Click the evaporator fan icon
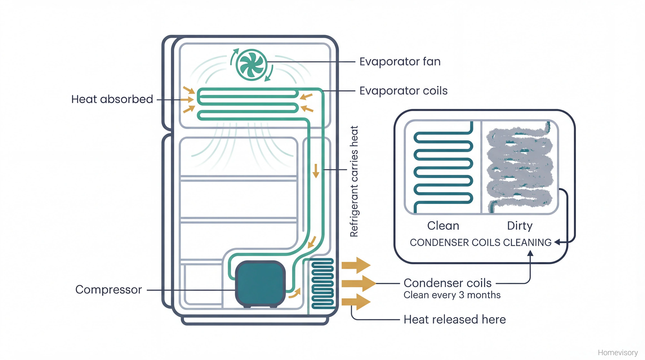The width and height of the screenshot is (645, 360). [252, 65]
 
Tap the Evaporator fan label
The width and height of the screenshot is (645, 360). [400, 62]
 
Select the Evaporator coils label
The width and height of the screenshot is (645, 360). [403, 91]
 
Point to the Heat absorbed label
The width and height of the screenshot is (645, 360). [112, 99]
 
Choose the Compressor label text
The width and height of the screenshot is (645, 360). [108, 290]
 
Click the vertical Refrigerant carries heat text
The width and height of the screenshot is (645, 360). [354, 181]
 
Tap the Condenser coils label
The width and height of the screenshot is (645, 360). [447, 283]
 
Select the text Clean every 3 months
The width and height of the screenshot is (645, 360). [452, 295]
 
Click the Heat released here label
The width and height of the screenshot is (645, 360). [454, 320]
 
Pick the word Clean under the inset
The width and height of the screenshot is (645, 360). [443, 226]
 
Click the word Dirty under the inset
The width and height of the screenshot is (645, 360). [520, 226]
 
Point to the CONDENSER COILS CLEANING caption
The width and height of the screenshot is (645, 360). [481, 243]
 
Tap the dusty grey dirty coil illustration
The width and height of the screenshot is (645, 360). [520, 168]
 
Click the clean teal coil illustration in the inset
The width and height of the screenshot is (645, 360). [443, 168]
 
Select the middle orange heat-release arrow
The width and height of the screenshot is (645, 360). [358, 284]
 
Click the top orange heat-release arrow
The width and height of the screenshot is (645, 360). [355, 265]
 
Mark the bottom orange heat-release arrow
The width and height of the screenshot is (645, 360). [355, 302]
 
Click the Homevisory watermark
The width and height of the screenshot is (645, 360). [618, 353]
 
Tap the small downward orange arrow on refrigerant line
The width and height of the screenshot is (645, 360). [316, 171]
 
